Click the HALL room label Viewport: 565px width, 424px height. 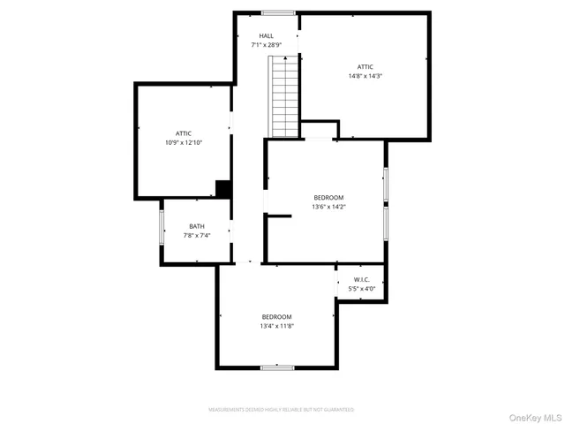pyautogui.click(x=266, y=36)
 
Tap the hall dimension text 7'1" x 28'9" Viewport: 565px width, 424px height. pyautogui.click(x=266, y=45)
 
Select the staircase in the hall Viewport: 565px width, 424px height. pyautogui.click(x=284, y=95)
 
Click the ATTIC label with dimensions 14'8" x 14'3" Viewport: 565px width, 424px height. pyautogui.click(x=365, y=67)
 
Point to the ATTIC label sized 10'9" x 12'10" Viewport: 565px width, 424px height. pyautogui.click(x=184, y=133)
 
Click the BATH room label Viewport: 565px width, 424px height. pyautogui.click(x=196, y=226)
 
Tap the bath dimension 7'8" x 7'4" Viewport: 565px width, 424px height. pyautogui.click(x=196, y=236)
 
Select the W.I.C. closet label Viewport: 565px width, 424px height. pyautogui.click(x=361, y=279)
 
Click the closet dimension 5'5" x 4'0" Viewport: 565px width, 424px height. pyautogui.click(x=361, y=289)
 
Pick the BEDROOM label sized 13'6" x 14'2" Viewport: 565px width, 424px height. pyautogui.click(x=328, y=198)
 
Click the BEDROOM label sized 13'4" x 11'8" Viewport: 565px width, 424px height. pyautogui.click(x=276, y=317)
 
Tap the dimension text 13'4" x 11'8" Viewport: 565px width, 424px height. pyautogui.click(x=276, y=326)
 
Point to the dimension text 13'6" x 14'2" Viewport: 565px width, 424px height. pyautogui.click(x=328, y=208)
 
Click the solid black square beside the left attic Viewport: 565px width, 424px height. pyautogui.click(x=224, y=189)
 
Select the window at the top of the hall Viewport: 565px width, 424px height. pyautogui.click(x=278, y=13)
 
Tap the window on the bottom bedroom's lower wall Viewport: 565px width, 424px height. pyautogui.click(x=276, y=367)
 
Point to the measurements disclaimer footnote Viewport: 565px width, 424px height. pyautogui.click(x=281, y=410)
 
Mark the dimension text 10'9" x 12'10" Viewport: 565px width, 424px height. pyautogui.click(x=184, y=142)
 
